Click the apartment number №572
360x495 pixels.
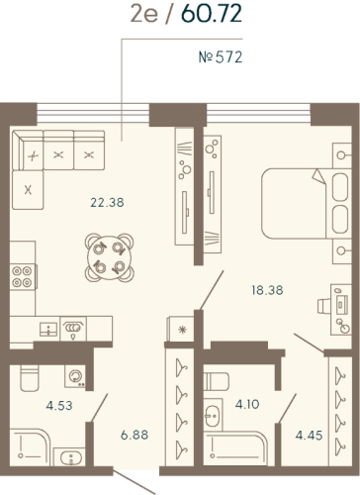tap(220, 58)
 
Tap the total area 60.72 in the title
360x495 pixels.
tap(205, 14)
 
